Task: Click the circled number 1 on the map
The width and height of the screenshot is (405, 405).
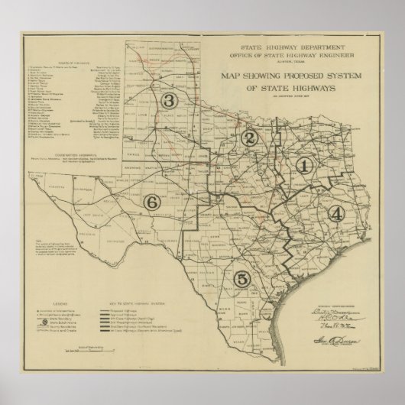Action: point(305,164)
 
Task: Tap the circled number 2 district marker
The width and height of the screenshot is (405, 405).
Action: point(248,138)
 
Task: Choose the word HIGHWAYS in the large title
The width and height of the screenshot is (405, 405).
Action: point(309,88)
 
